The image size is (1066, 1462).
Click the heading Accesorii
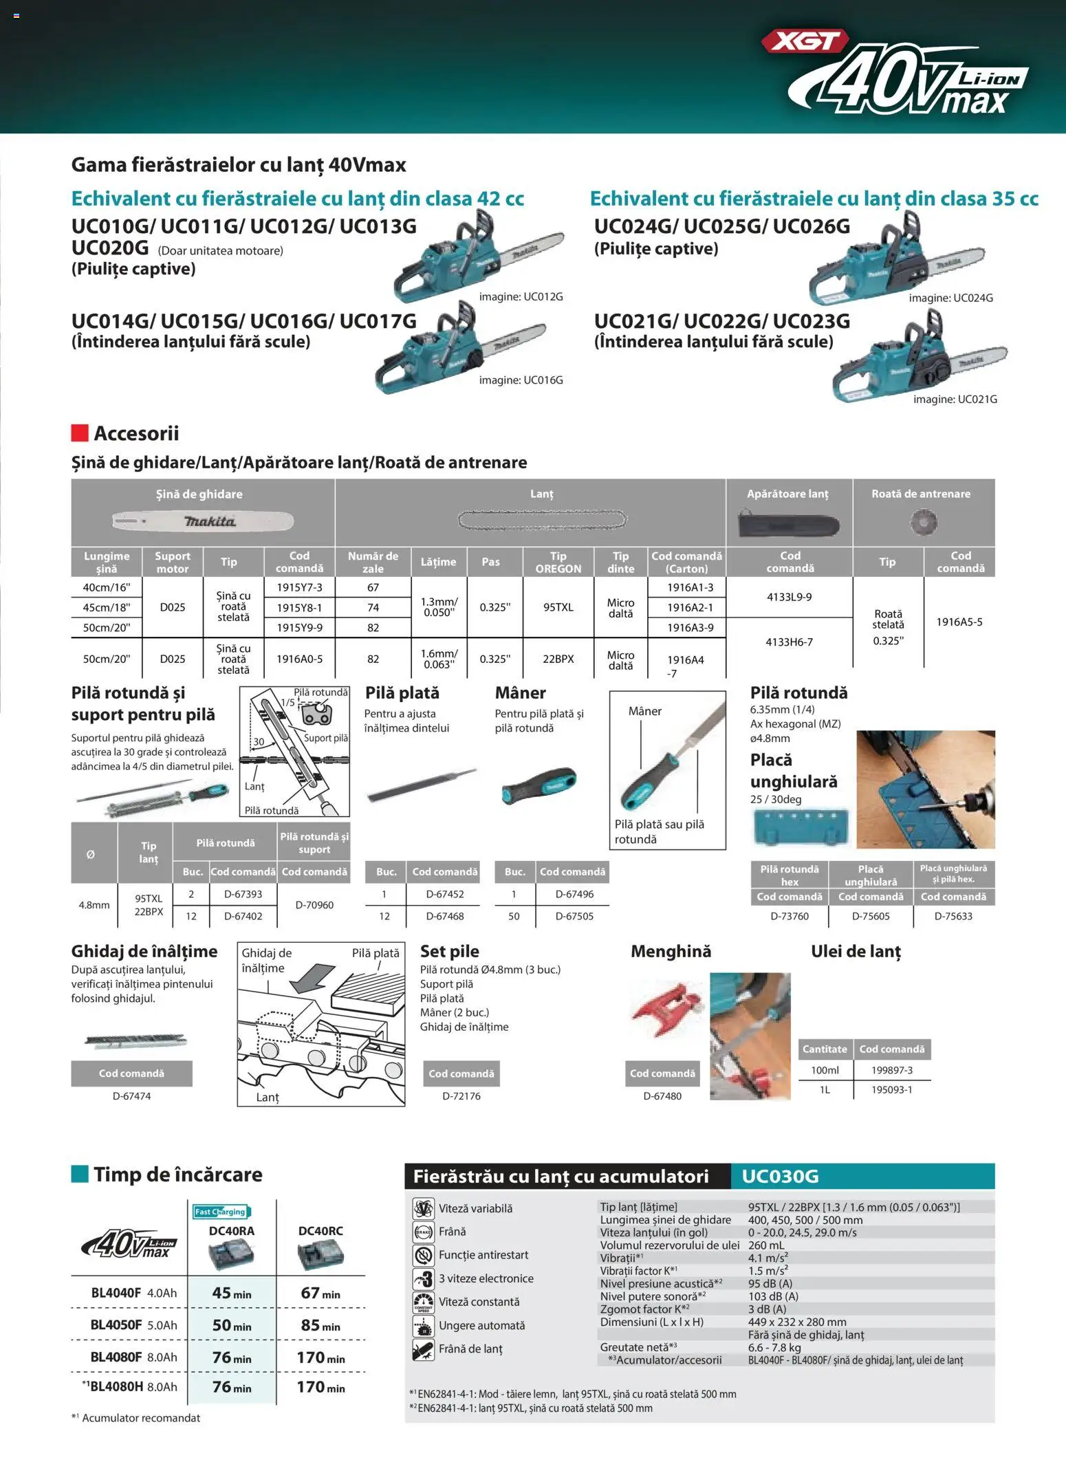(136, 433)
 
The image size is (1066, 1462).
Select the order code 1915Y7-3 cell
(299, 587)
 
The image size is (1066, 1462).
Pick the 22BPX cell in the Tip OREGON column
(558, 659)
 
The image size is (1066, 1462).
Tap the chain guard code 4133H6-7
(789, 642)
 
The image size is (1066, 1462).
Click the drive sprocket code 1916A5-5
(959, 622)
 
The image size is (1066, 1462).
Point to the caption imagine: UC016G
(521, 380)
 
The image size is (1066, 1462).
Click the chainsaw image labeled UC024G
(894, 265)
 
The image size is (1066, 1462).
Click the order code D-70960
(314, 905)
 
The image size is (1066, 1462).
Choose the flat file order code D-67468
(444, 916)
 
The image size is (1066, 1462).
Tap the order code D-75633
(953, 916)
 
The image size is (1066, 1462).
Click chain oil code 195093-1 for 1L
(891, 1089)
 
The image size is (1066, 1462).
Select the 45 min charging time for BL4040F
(231, 1293)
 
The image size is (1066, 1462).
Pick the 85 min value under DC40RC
(320, 1325)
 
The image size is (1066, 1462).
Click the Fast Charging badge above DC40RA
(220, 1212)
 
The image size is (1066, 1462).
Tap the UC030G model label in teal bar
(780, 1176)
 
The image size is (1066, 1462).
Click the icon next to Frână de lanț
(423, 1349)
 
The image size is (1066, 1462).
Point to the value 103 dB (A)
(773, 1296)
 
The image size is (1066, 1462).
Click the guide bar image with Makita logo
(203, 521)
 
